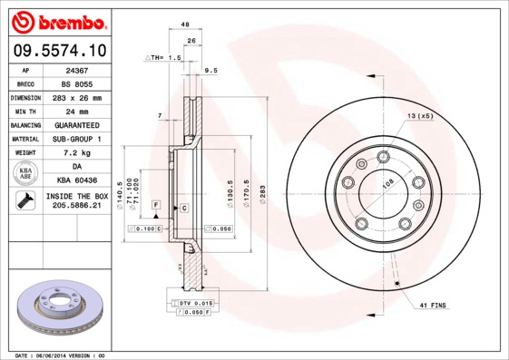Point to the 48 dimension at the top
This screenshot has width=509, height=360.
coord(185,24)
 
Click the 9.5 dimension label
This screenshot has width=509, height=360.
coord(211,70)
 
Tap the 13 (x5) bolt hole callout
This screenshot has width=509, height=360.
coord(419,118)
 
